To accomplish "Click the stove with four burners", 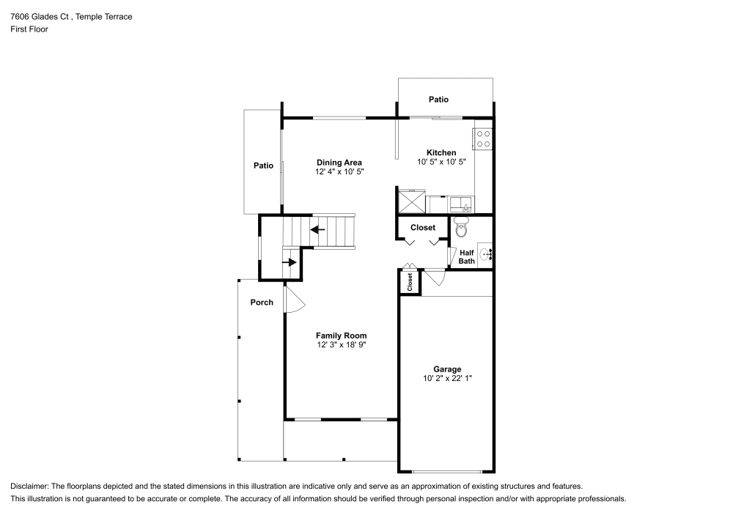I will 483,138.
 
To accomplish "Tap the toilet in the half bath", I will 461,229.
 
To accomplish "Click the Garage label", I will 446,369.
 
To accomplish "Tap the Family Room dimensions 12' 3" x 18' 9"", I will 341,344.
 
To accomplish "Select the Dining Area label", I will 339,163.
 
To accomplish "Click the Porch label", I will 262,303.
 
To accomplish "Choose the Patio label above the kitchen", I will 438,100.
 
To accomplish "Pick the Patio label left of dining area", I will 263,166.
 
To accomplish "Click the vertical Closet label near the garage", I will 410,282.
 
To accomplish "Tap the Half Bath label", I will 467,256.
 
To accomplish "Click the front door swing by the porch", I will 292,300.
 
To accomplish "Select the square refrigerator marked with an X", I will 410,201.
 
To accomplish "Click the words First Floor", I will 29,29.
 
